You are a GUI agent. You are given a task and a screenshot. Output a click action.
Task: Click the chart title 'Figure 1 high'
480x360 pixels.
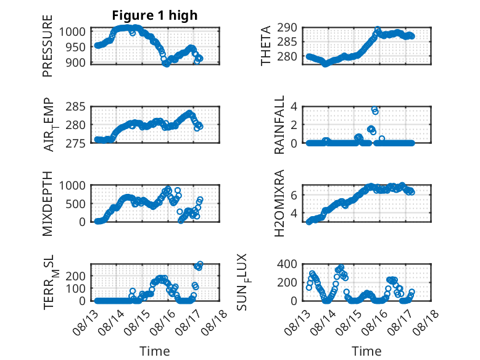tap(155, 15)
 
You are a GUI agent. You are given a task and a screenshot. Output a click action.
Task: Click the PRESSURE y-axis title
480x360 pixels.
tap(48, 46)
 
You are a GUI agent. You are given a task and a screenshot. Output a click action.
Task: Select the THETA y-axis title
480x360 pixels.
tap(266, 46)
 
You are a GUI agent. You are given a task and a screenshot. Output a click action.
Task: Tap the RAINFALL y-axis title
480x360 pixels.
tap(279, 125)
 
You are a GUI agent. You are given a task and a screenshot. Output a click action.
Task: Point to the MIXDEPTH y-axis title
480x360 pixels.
tap(48, 204)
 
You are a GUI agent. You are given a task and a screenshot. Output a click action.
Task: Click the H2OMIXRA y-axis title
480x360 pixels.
tap(279, 203)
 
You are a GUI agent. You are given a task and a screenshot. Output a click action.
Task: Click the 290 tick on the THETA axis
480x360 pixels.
tap(287, 28)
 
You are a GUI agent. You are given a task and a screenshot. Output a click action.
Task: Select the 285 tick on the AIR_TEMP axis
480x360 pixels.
tap(76, 107)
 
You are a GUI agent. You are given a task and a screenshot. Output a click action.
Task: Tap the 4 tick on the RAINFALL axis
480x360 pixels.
tap(294, 107)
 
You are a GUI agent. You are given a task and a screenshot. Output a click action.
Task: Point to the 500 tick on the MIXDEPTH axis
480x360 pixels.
tap(76, 204)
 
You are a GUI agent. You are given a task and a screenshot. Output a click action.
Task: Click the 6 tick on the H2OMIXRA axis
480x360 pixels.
tap(294, 195)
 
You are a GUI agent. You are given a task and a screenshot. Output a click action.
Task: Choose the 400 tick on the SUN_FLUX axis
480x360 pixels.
tap(287, 264)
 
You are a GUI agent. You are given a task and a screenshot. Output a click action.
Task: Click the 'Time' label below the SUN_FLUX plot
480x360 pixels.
tap(366, 351)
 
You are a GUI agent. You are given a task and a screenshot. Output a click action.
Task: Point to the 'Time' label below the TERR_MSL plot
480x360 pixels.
tap(155, 351)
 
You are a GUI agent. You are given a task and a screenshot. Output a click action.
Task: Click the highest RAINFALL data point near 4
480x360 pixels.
tap(374, 109)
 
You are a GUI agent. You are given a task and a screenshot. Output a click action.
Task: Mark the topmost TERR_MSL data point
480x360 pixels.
tap(200, 264)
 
